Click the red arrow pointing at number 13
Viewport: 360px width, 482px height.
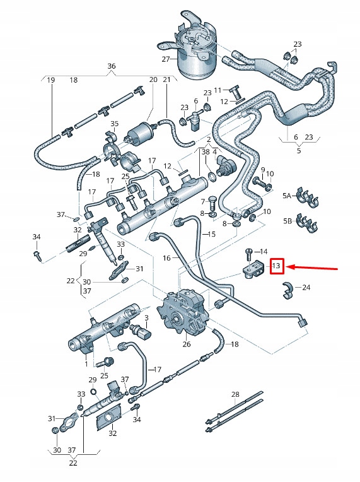pos(315,268)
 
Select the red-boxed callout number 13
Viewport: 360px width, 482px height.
pos(276,266)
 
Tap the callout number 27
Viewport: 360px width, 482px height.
pos(166,59)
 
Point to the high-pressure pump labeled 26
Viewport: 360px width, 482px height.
pos(184,310)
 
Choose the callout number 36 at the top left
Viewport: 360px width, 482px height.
pos(111,66)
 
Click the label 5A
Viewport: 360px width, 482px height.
pos(287,196)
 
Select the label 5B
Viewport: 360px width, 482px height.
pos(287,221)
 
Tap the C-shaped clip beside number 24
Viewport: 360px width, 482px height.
pos(288,289)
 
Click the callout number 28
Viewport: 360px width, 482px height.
pos(235,394)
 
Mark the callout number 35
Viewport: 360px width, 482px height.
pos(114,124)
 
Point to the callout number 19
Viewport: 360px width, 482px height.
pos(50,80)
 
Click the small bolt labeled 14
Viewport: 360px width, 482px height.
pos(250,254)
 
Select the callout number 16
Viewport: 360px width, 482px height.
pos(167,259)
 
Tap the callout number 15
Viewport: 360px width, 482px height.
pos(211,234)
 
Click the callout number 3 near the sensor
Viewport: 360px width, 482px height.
pos(146,317)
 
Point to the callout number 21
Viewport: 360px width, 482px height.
pos(166,80)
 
